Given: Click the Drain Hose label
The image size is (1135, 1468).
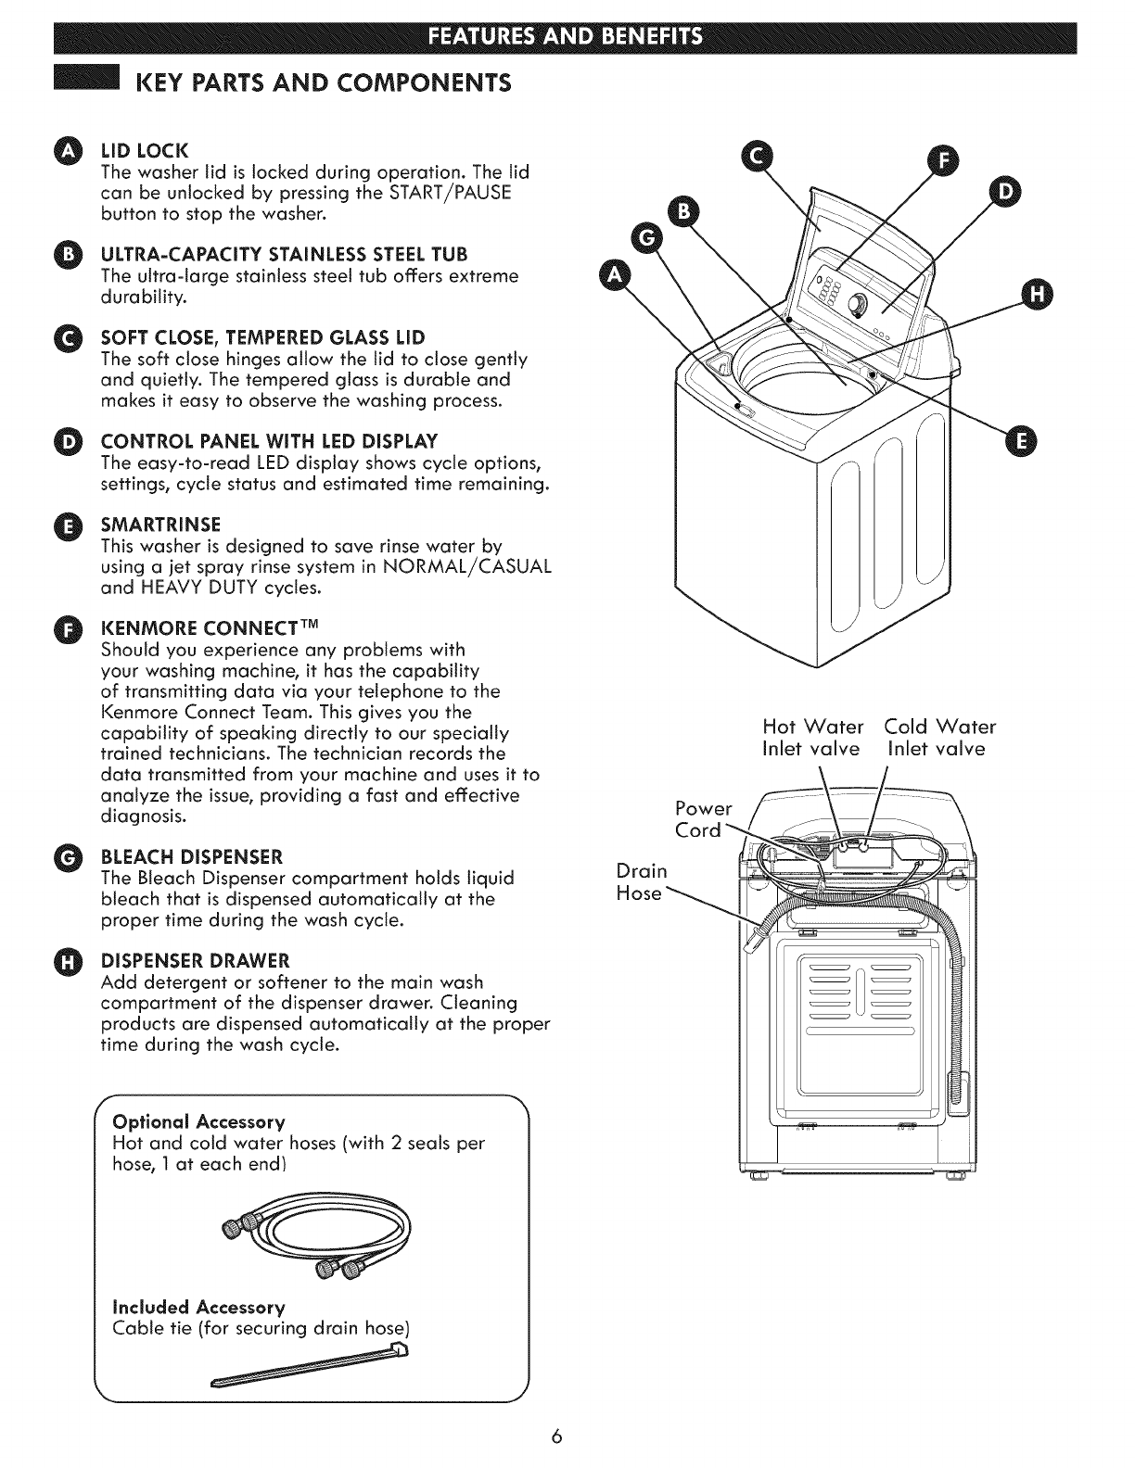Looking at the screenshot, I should (x=642, y=882).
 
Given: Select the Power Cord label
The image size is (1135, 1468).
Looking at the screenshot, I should (x=704, y=818).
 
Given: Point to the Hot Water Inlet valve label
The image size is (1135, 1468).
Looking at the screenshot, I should (x=811, y=737).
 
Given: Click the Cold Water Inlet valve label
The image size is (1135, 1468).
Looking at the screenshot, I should (x=938, y=737).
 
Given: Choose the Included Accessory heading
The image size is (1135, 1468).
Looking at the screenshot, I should (x=198, y=1307).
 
